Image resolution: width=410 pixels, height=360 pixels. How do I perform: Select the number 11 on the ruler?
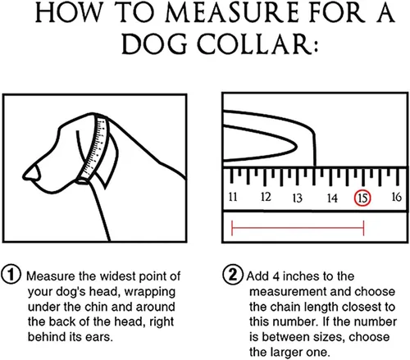tap(233, 198)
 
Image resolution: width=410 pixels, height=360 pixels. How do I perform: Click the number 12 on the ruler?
tap(266, 198)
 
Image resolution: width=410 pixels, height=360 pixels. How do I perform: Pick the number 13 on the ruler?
tap(298, 198)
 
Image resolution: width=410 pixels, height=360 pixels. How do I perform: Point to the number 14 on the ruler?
tap(330, 198)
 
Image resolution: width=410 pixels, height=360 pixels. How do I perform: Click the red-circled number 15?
tap(362, 198)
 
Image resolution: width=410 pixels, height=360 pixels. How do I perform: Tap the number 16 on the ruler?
tap(395, 198)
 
